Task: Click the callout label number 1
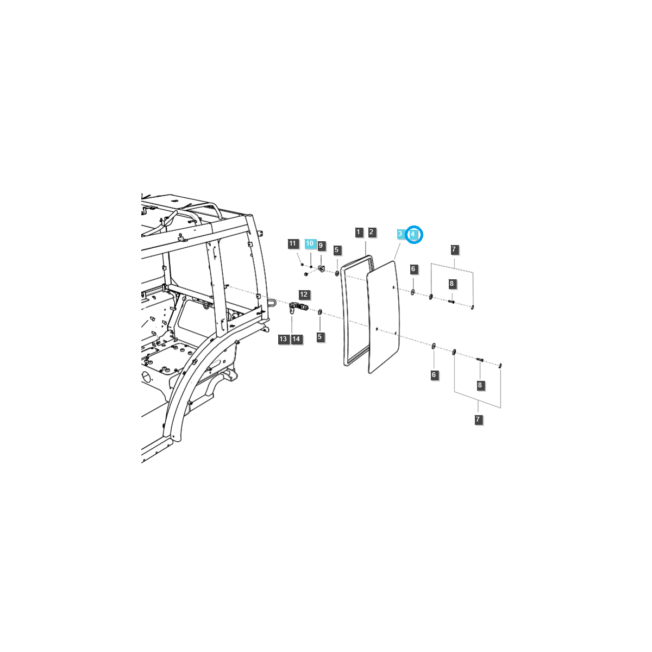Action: click(358, 232)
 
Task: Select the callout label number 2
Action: click(372, 232)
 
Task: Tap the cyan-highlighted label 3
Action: click(400, 234)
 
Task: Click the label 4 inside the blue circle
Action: click(413, 234)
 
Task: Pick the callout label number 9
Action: click(321, 246)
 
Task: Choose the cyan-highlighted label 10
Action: click(310, 243)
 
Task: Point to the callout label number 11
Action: click(293, 243)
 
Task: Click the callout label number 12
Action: click(304, 294)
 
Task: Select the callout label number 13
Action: click(283, 339)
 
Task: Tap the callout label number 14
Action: click(296, 339)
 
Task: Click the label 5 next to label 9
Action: click(337, 250)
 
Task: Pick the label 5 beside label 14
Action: click(319, 337)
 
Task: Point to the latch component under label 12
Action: click(297, 309)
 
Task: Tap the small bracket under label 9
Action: click(321, 268)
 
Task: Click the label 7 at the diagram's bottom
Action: click(478, 419)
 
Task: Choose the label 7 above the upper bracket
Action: click(455, 250)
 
